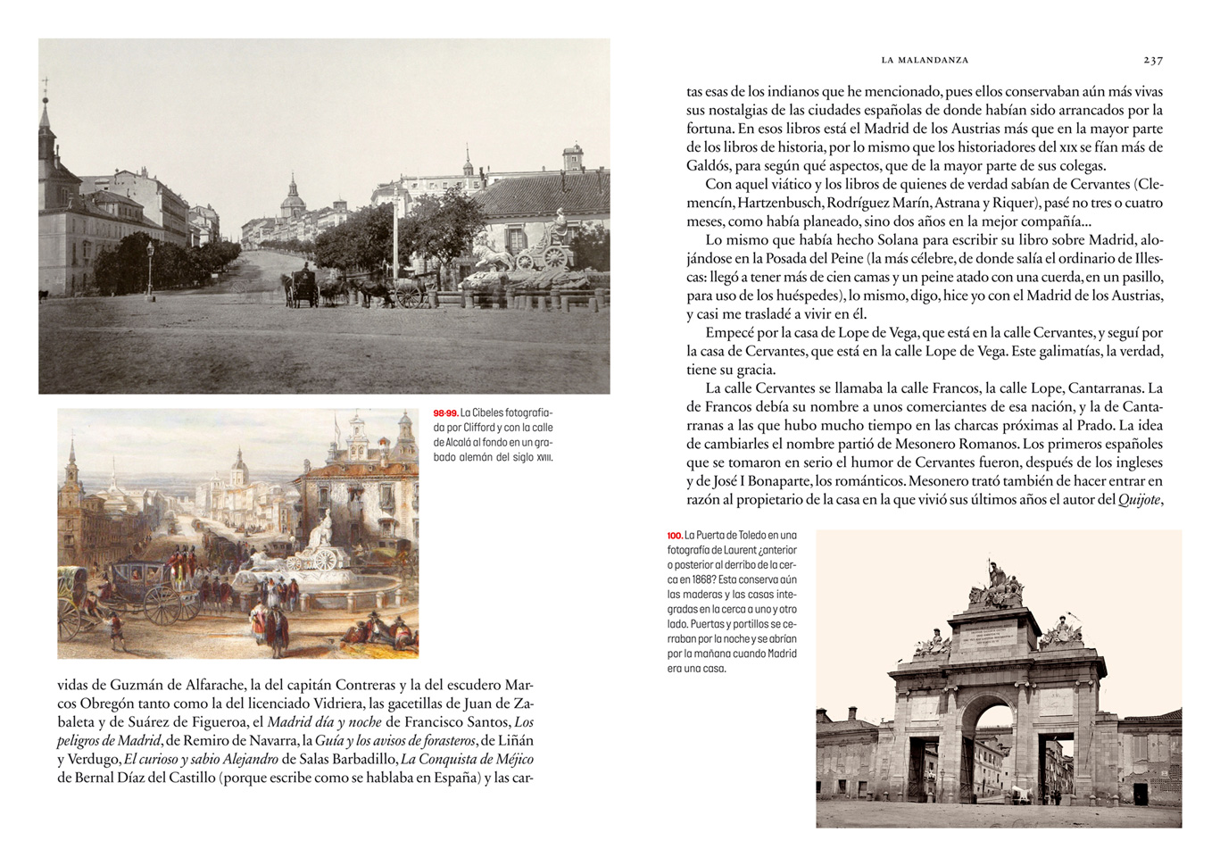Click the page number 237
pyautogui.click(x=1153, y=60)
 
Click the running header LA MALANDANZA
pyautogui.click(x=925, y=60)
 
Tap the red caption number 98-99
pyautogui.click(x=445, y=413)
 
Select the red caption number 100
pyautogui.click(x=675, y=536)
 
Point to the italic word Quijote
pyautogui.click(x=1140, y=500)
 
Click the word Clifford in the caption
pyautogui.click(x=478, y=429)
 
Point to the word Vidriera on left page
pyautogui.click(x=336, y=704)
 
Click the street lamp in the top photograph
pyautogui.click(x=150, y=266)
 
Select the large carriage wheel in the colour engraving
pyautogui.click(x=162, y=605)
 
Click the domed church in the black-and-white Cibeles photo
pyautogui.click(x=292, y=197)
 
